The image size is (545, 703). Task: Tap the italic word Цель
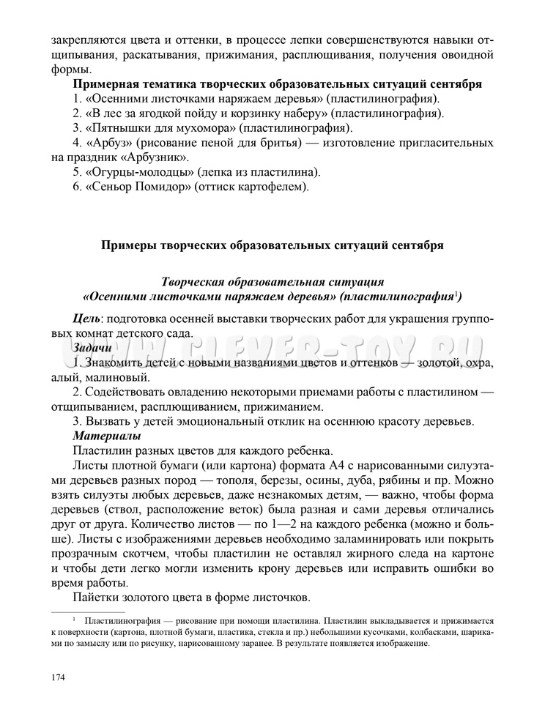coord(86,316)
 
